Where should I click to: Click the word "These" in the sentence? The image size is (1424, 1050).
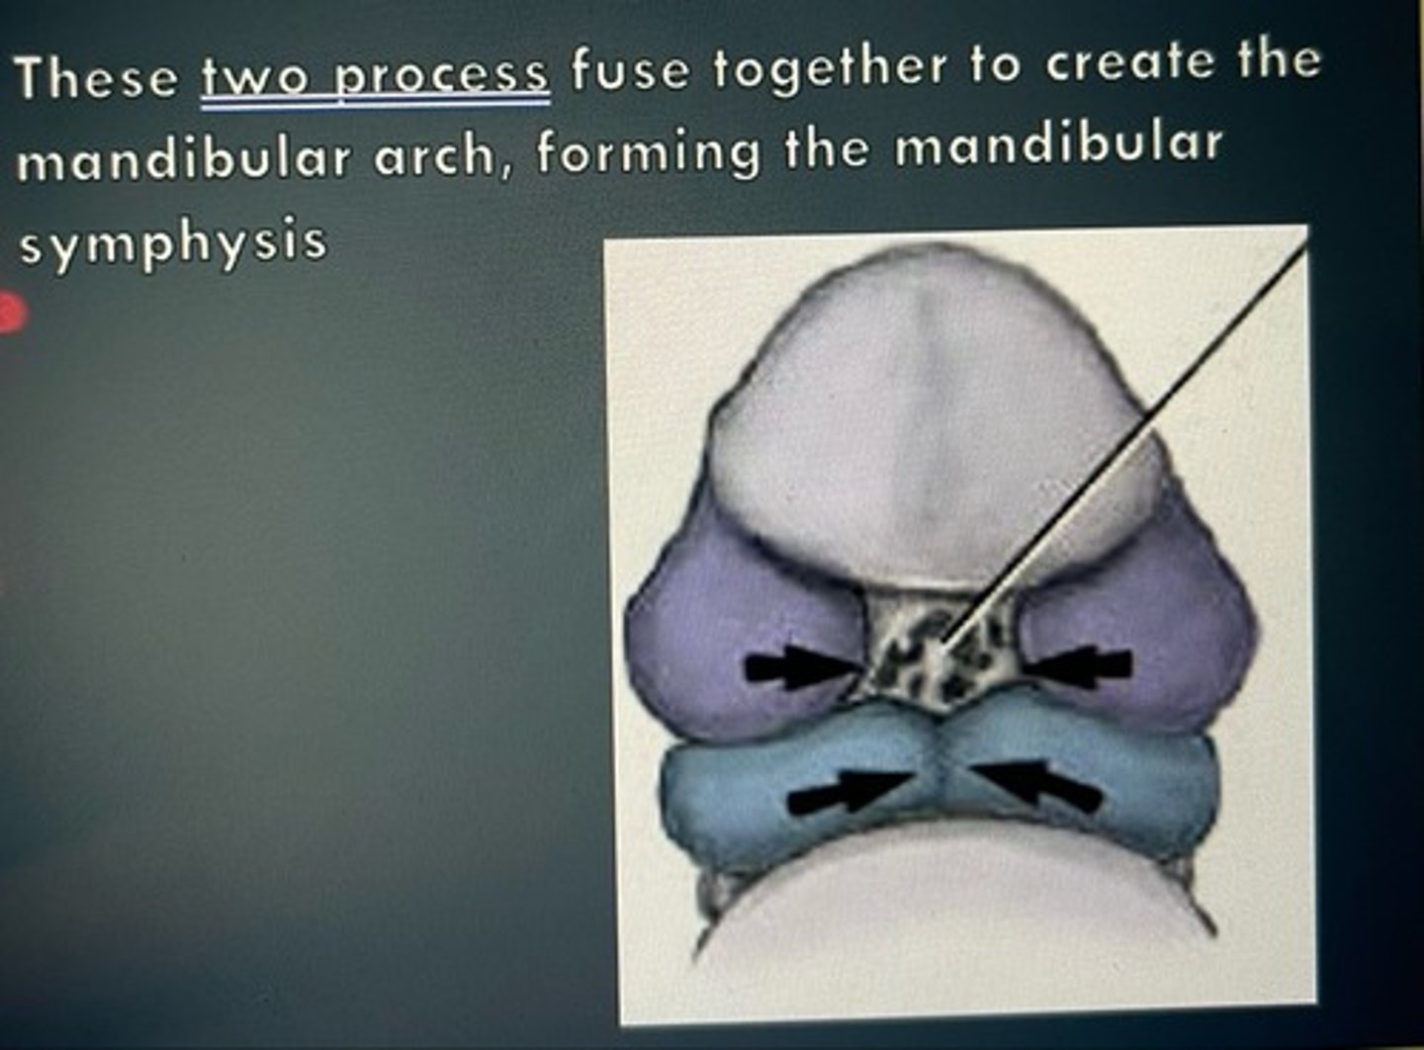pyautogui.click(x=96, y=77)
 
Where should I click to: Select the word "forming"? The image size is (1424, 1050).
pyautogui.click(x=649, y=153)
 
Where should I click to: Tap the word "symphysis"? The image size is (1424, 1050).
pyautogui.click(x=172, y=242)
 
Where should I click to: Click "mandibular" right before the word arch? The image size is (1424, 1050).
pyautogui.click(x=184, y=159)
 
